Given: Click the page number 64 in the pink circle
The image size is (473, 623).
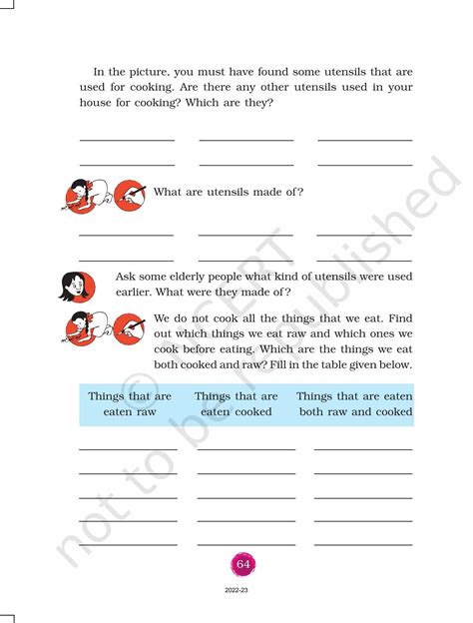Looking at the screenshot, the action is click(242, 564).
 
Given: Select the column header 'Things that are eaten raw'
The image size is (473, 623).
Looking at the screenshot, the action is click(130, 403).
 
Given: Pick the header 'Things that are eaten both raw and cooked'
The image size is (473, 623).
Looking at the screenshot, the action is click(354, 403).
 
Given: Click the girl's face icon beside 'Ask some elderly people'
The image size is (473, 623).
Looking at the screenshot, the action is click(75, 285).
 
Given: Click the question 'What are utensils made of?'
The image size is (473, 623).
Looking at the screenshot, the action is click(229, 192).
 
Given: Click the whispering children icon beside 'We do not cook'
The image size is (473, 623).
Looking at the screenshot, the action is click(81, 327).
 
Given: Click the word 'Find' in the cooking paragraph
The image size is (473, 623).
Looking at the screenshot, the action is click(398, 317).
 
